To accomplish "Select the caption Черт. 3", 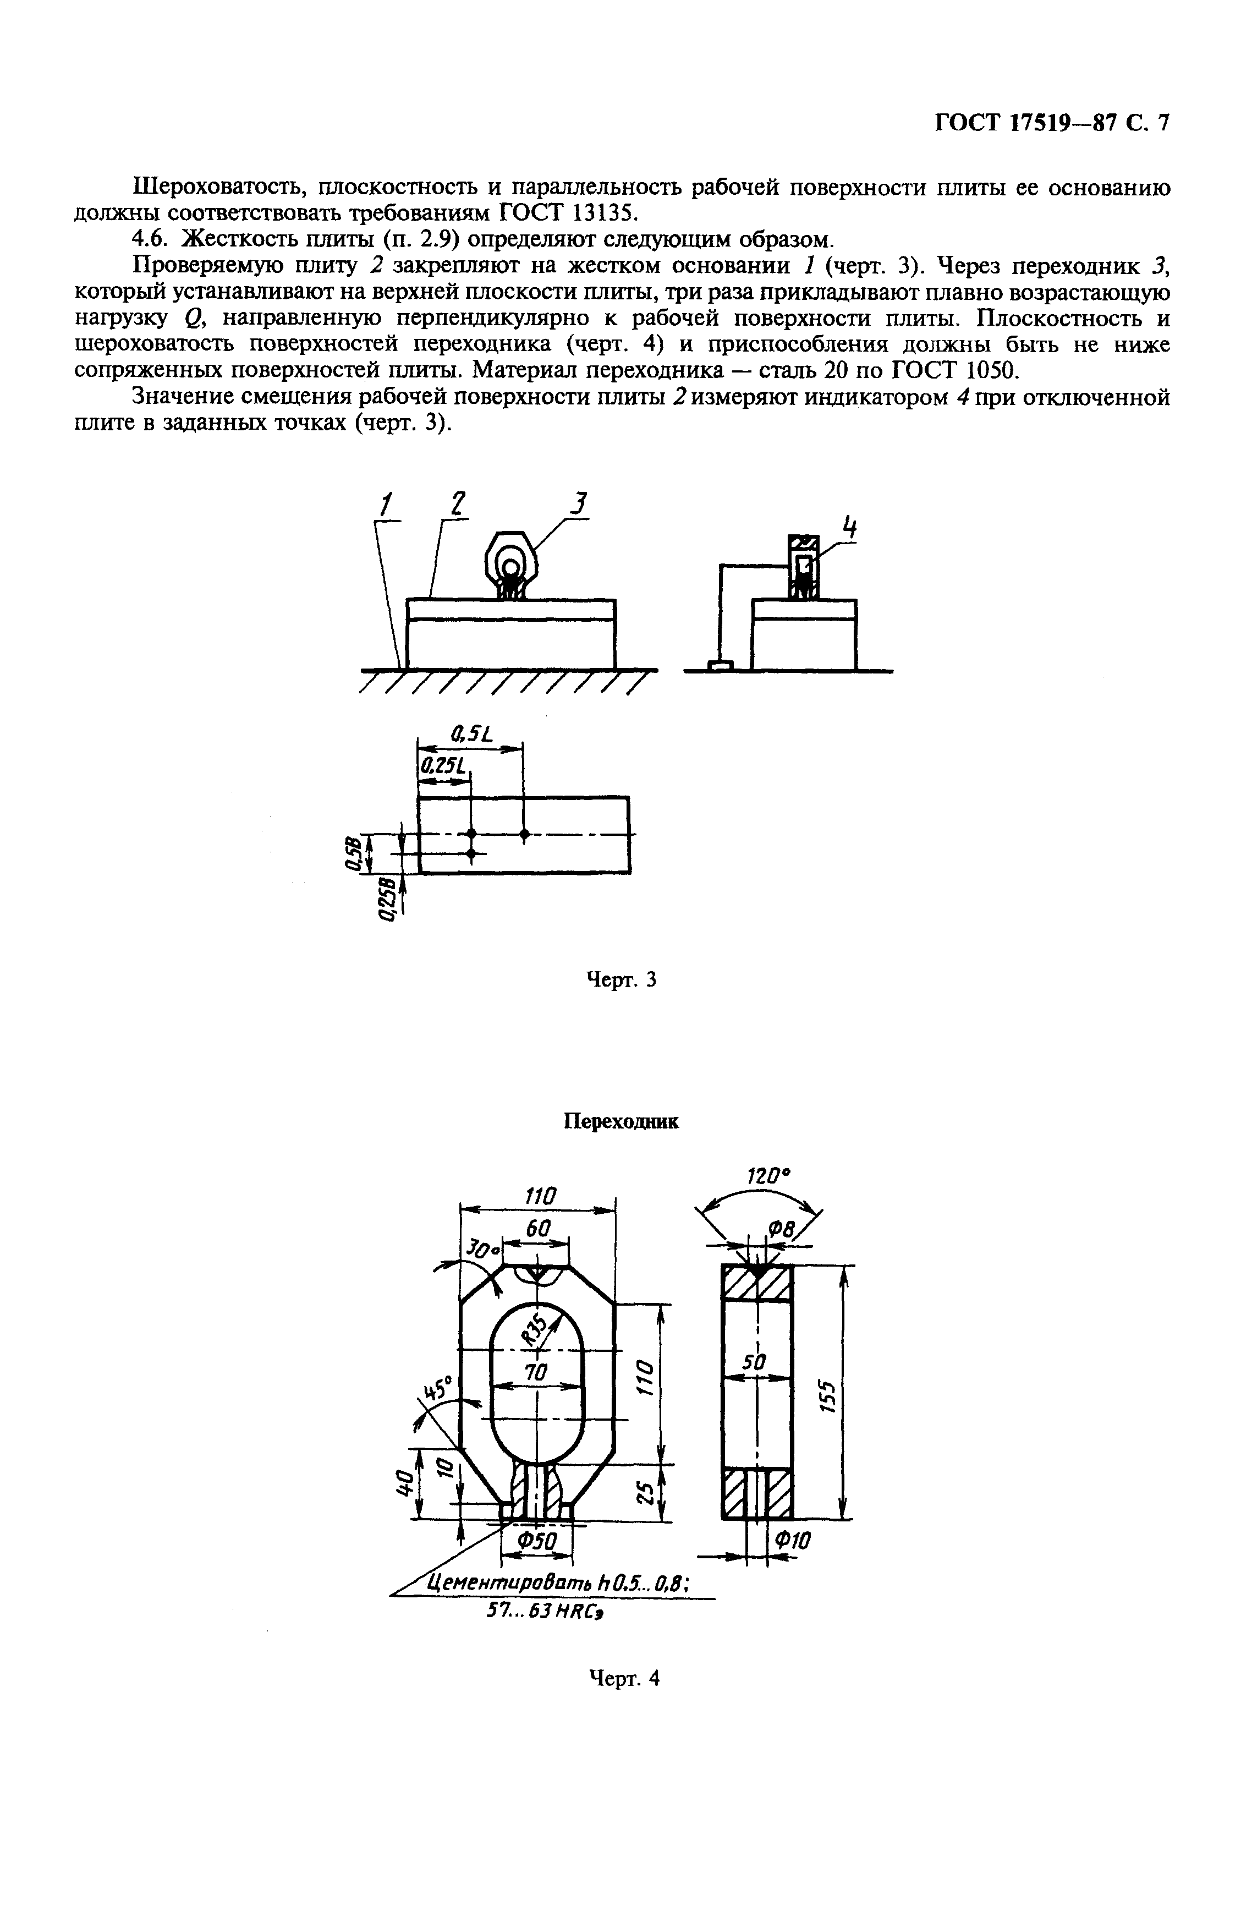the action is [x=621, y=979].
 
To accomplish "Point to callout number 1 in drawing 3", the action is [x=387, y=505].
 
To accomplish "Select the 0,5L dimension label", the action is [x=471, y=732].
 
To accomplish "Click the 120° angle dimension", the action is [x=767, y=1176].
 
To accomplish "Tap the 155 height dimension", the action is [x=828, y=1396].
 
